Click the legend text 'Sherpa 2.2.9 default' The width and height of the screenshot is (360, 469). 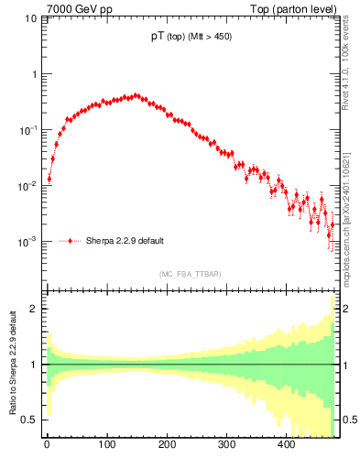[125, 241]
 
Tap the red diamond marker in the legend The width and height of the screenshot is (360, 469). [71, 241]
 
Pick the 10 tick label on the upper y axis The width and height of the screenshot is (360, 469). [29, 17]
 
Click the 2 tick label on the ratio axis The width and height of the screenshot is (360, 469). [34, 309]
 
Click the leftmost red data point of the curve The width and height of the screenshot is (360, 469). [49, 179]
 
